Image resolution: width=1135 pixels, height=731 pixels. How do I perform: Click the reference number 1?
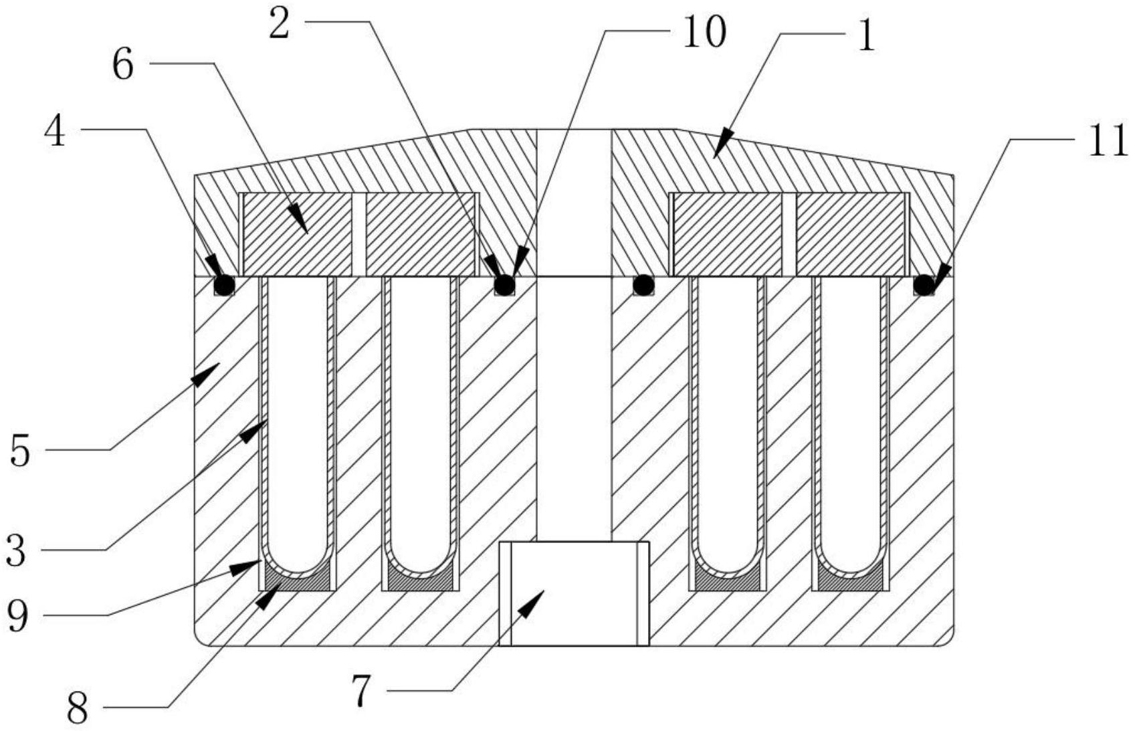click(x=866, y=35)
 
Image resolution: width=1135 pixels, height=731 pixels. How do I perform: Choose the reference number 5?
click(x=20, y=452)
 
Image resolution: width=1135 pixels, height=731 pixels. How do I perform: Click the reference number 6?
click(x=123, y=67)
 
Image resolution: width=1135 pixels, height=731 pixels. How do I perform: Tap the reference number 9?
click(x=17, y=616)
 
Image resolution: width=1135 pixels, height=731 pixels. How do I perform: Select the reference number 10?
click(x=704, y=31)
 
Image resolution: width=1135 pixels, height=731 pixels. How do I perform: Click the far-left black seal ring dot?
click(x=224, y=286)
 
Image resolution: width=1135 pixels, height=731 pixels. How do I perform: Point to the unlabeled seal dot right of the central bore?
click(x=643, y=286)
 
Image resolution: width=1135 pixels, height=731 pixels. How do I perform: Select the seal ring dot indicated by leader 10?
click(x=504, y=286)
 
